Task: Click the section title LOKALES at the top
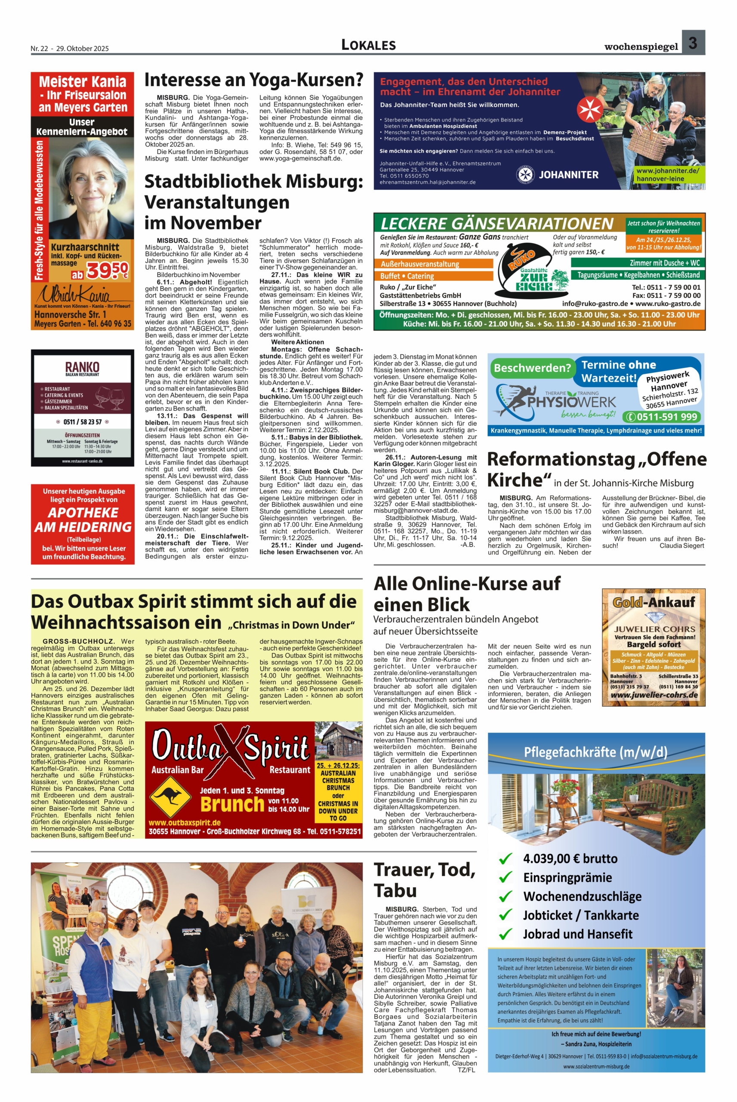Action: click(368, 45)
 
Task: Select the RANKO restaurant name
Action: click(82, 367)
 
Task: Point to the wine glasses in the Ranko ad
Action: click(108, 398)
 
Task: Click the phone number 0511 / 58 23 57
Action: click(82, 422)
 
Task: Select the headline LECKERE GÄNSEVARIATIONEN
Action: click(497, 223)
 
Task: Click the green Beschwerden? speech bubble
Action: click(533, 368)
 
